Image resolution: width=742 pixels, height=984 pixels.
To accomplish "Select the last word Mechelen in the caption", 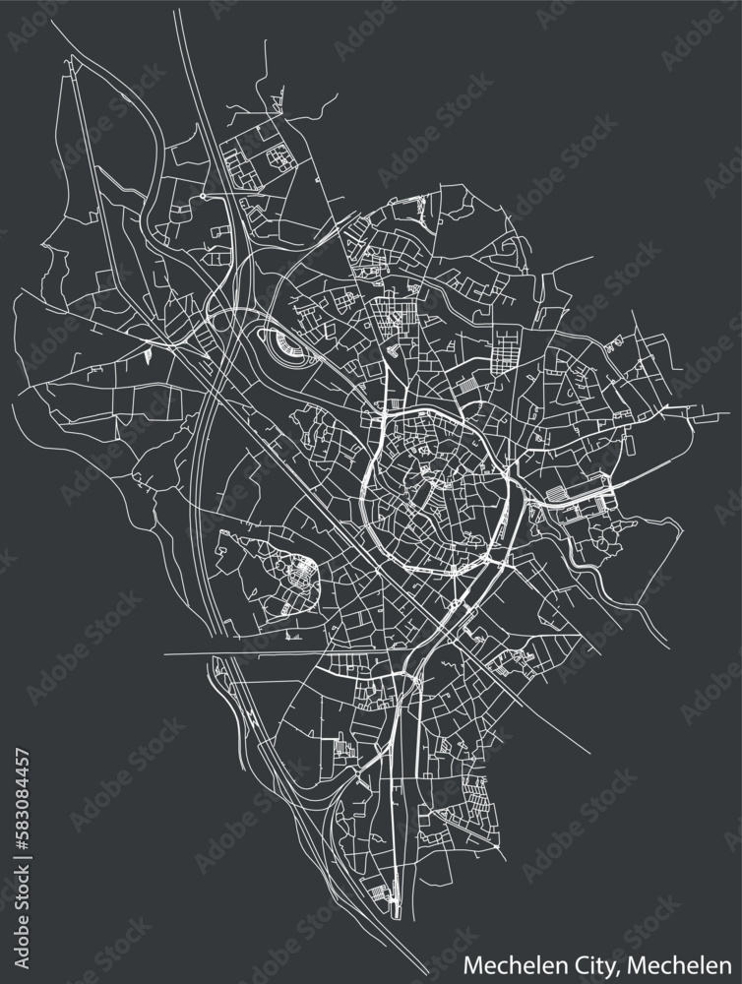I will [694, 963].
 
